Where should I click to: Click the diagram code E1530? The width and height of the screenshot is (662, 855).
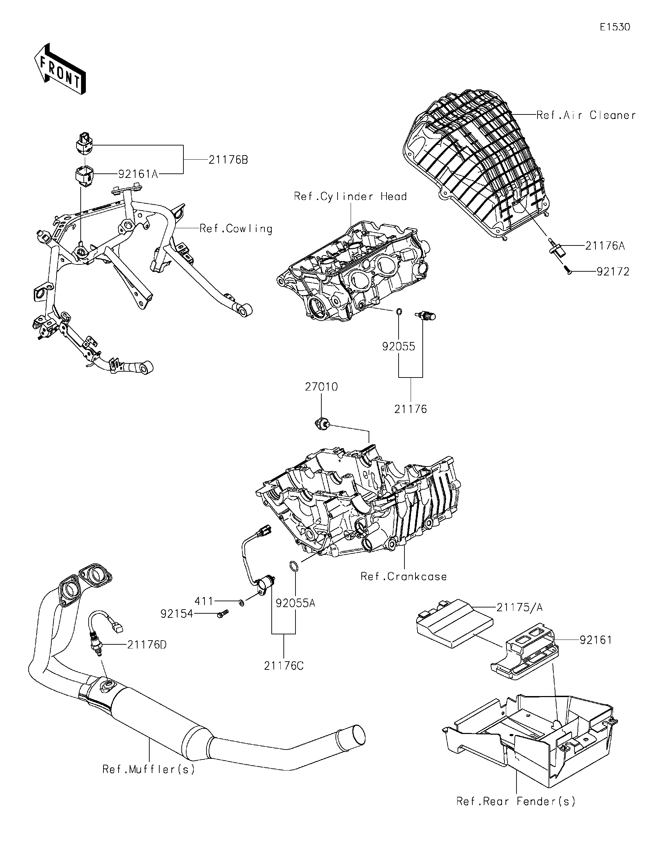tap(615, 27)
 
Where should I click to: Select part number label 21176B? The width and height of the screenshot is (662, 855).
tap(228, 160)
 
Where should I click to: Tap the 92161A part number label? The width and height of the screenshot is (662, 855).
tap(138, 174)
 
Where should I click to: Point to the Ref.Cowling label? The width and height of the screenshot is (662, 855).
tap(236, 229)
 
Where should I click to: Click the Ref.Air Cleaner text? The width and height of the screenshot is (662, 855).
tap(586, 115)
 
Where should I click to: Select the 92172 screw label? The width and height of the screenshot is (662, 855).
tap(613, 272)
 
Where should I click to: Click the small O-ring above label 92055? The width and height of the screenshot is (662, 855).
tap(399, 312)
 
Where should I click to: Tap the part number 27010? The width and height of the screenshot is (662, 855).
tap(321, 387)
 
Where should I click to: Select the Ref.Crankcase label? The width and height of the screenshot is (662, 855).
tap(404, 577)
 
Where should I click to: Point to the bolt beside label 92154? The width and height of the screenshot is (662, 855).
tap(222, 614)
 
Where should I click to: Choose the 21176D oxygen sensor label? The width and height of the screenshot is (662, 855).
tap(147, 645)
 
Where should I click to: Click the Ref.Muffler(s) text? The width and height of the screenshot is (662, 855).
tap(149, 770)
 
